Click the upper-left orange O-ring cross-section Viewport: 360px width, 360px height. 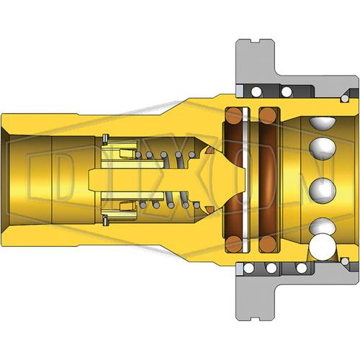click(233, 116)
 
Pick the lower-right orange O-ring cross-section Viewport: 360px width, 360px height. click(268, 244)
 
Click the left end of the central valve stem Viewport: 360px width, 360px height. click(89, 180)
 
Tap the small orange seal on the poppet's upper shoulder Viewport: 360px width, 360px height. click(210, 150)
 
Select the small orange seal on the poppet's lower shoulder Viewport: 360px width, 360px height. click(210, 210)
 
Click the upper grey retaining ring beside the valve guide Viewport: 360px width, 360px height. click(105, 140)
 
